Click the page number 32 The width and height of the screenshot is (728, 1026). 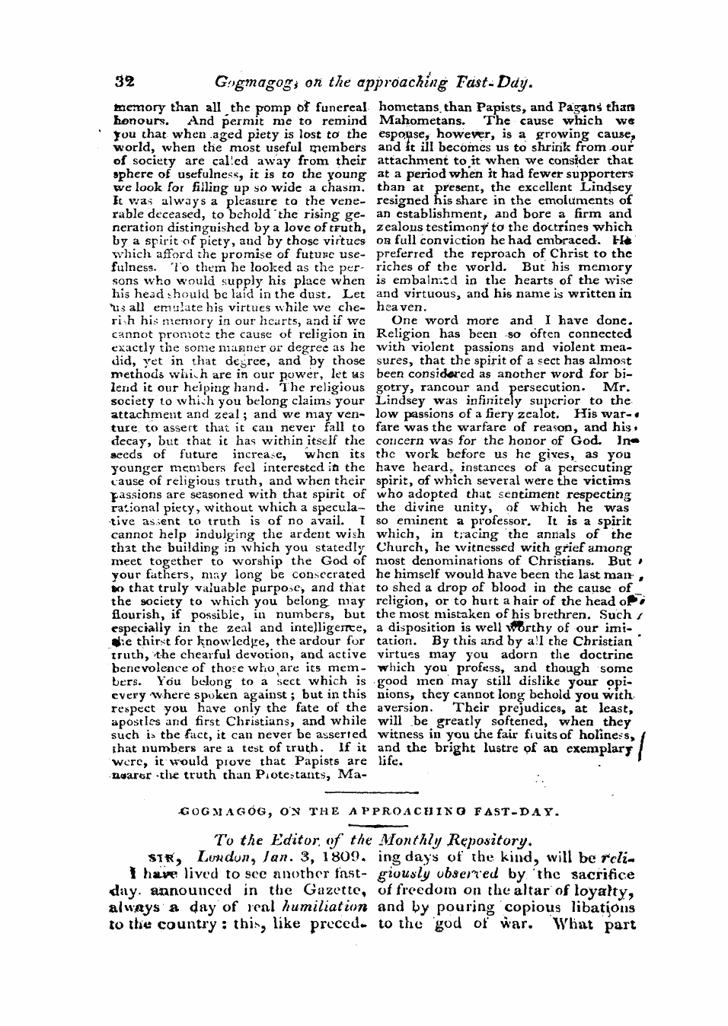124,79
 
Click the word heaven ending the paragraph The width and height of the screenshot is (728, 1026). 396,307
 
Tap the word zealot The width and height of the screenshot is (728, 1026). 546,413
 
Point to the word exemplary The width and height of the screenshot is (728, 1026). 594,748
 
